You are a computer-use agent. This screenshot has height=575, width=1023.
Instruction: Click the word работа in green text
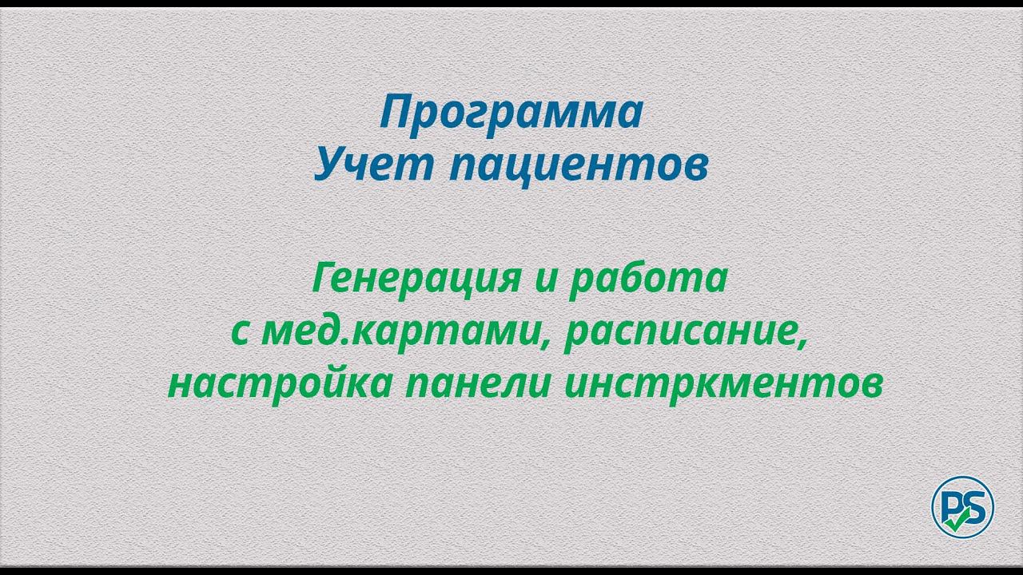click(648, 280)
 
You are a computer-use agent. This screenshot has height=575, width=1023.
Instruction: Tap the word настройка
click(281, 384)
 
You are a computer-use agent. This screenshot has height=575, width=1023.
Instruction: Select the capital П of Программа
click(394, 113)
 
